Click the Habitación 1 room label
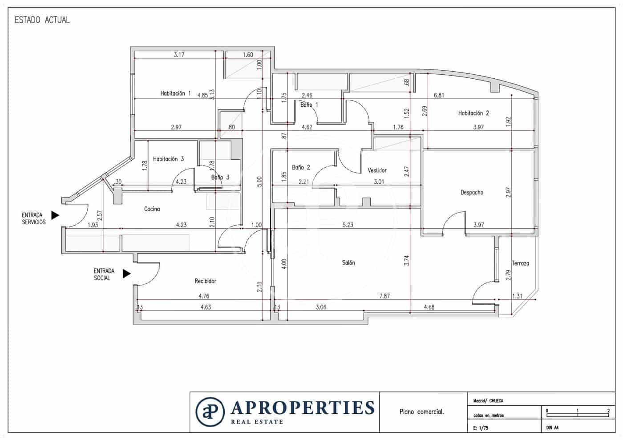[x=175, y=93]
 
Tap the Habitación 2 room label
[x=473, y=113]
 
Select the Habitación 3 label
[x=168, y=159]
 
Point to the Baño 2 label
[x=301, y=167]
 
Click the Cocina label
[x=152, y=209]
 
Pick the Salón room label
[x=348, y=263]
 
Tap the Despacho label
[x=472, y=193]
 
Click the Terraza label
[x=520, y=263]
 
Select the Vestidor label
[x=377, y=170]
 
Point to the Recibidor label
[x=205, y=281]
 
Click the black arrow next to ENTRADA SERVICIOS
[x=55, y=215]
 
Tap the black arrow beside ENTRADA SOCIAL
[x=127, y=274]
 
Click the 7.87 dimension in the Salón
[x=384, y=296]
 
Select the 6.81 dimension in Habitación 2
[x=439, y=95]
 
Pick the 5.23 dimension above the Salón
[x=348, y=225]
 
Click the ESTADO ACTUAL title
[x=42, y=20]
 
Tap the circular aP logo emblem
[x=210, y=412]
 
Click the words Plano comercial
[x=421, y=412]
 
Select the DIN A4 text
[x=552, y=428]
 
